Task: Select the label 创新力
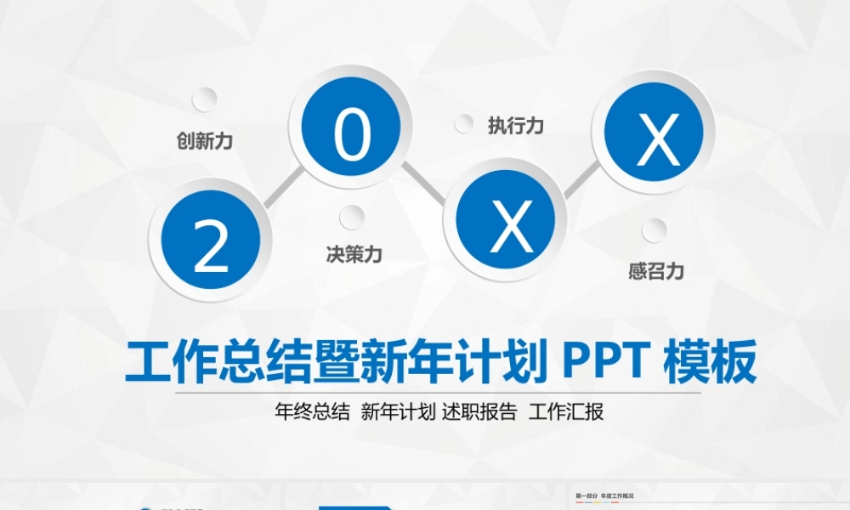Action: coord(204,141)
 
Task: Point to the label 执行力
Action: coord(516,126)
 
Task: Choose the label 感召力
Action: coord(656,272)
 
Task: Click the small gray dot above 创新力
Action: coord(204,99)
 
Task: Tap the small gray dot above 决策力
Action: coord(352,218)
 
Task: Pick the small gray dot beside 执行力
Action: coord(463,124)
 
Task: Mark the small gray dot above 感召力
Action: coord(654,230)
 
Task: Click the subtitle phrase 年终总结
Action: coord(313,412)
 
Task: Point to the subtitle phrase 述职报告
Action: coord(479,412)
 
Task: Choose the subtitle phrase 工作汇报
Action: coord(566,412)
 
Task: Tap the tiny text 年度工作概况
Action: coord(618,496)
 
